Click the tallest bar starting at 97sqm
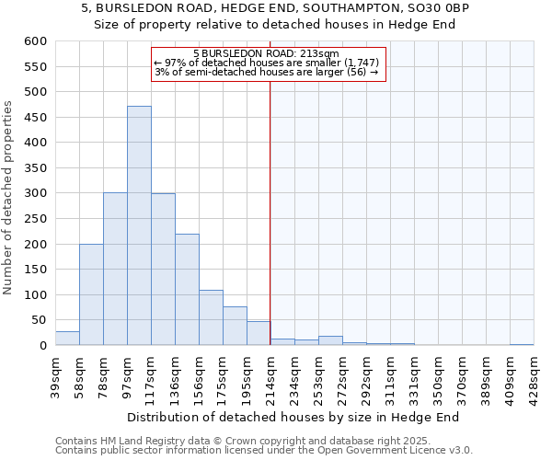tap(139, 225)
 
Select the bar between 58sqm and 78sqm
tap(91, 294)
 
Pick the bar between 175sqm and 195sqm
tap(235, 326)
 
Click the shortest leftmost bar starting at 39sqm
tap(67, 339)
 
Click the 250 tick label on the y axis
tap(34, 219)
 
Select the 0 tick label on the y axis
tap(41, 346)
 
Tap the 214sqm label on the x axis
tap(270, 374)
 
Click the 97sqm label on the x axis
tap(127, 374)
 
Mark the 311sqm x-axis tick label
tap(390, 374)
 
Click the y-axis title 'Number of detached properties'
tap(8, 199)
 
